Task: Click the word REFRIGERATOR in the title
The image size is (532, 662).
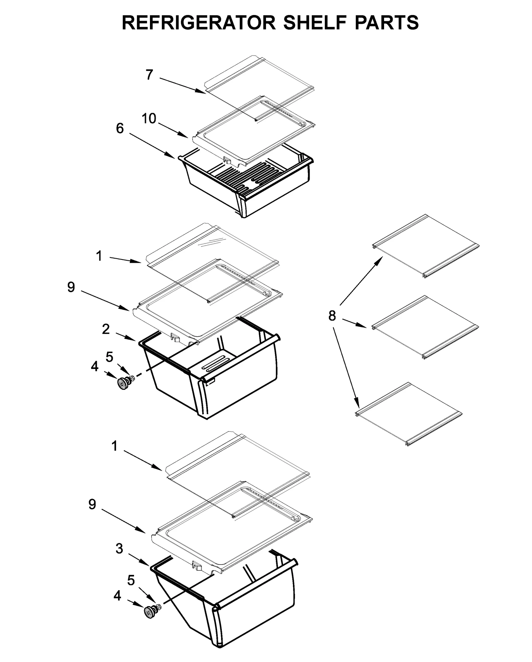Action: [x=199, y=23]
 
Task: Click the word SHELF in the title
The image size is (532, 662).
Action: [x=315, y=23]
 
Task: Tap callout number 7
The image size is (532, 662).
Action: [x=149, y=75]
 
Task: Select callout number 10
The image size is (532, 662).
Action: [x=149, y=118]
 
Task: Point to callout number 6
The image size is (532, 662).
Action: [x=120, y=128]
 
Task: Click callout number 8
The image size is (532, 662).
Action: [x=332, y=315]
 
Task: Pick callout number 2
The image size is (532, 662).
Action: [x=105, y=329]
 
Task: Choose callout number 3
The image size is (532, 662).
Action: [x=119, y=549]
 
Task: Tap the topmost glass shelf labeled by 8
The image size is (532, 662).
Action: [x=426, y=246]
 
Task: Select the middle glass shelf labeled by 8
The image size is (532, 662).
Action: [x=426, y=327]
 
